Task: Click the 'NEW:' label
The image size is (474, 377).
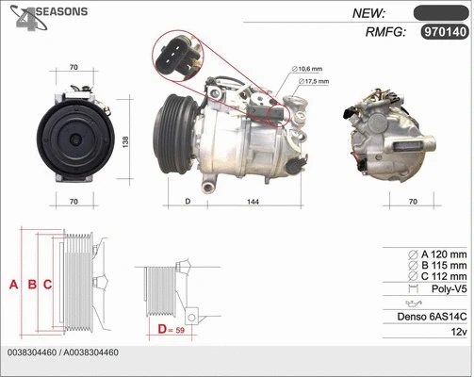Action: pyautogui.click(x=370, y=12)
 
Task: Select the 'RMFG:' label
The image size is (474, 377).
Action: pyautogui.click(x=384, y=33)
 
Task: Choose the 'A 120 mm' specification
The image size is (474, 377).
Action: pyautogui.click(x=437, y=254)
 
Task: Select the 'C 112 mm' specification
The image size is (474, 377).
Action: pyautogui.click(x=437, y=277)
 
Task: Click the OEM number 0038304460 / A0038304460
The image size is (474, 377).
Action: pyautogui.click(x=62, y=352)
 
